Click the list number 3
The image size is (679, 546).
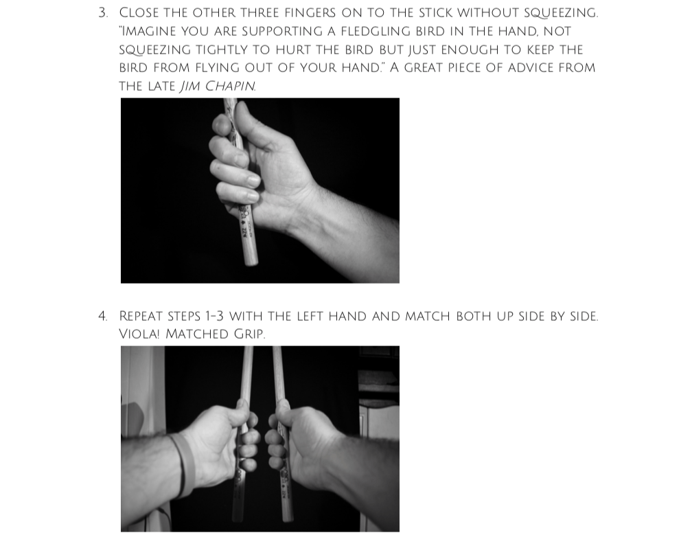point(102,13)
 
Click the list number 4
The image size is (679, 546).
point(102,317)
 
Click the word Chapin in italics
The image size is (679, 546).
point(230,87)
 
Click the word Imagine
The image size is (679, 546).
point(147,31)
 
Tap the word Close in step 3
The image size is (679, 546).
point(139,13)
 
